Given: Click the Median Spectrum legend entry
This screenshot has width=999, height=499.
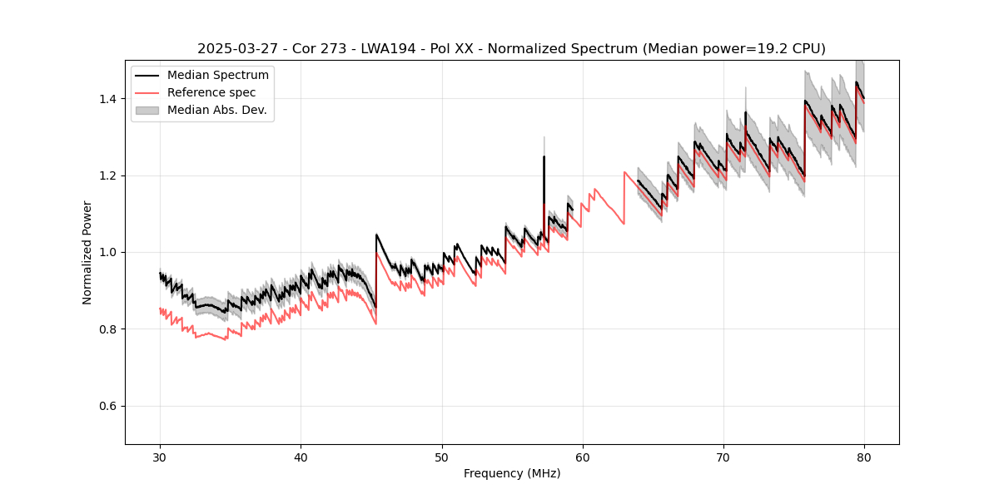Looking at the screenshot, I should pos(217,76).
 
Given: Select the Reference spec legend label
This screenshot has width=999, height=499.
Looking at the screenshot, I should pos(211,92).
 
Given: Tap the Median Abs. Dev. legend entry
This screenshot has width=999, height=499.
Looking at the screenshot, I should pos(216,110).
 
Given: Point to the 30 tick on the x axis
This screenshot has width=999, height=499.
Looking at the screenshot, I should pos(161,457).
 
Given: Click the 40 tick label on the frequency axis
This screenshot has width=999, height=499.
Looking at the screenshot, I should pos(301,457).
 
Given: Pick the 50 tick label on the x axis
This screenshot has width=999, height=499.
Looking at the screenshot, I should pos(442,457).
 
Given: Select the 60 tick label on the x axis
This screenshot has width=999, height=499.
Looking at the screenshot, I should pos(583,457).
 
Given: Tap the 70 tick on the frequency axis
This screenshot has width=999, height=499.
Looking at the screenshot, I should pos(723,457).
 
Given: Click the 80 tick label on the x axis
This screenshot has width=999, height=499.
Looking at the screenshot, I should pos(864,457).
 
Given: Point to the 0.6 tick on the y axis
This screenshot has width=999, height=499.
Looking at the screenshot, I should pos(109,406).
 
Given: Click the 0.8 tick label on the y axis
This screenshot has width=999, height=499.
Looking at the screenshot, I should pos(109,329).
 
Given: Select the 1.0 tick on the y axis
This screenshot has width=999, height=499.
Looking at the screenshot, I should pos(109,252).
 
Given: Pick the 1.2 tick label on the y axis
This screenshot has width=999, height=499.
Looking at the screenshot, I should pos(109,175).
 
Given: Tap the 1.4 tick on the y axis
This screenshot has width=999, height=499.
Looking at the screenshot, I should pos(109,99).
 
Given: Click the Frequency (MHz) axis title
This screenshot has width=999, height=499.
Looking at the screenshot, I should pos(512,473).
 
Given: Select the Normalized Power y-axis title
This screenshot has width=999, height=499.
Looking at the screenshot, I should pos(87,252).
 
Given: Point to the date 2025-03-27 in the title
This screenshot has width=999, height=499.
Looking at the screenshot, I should pos(236,49).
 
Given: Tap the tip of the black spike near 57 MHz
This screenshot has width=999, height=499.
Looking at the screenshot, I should pos(544,156).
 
